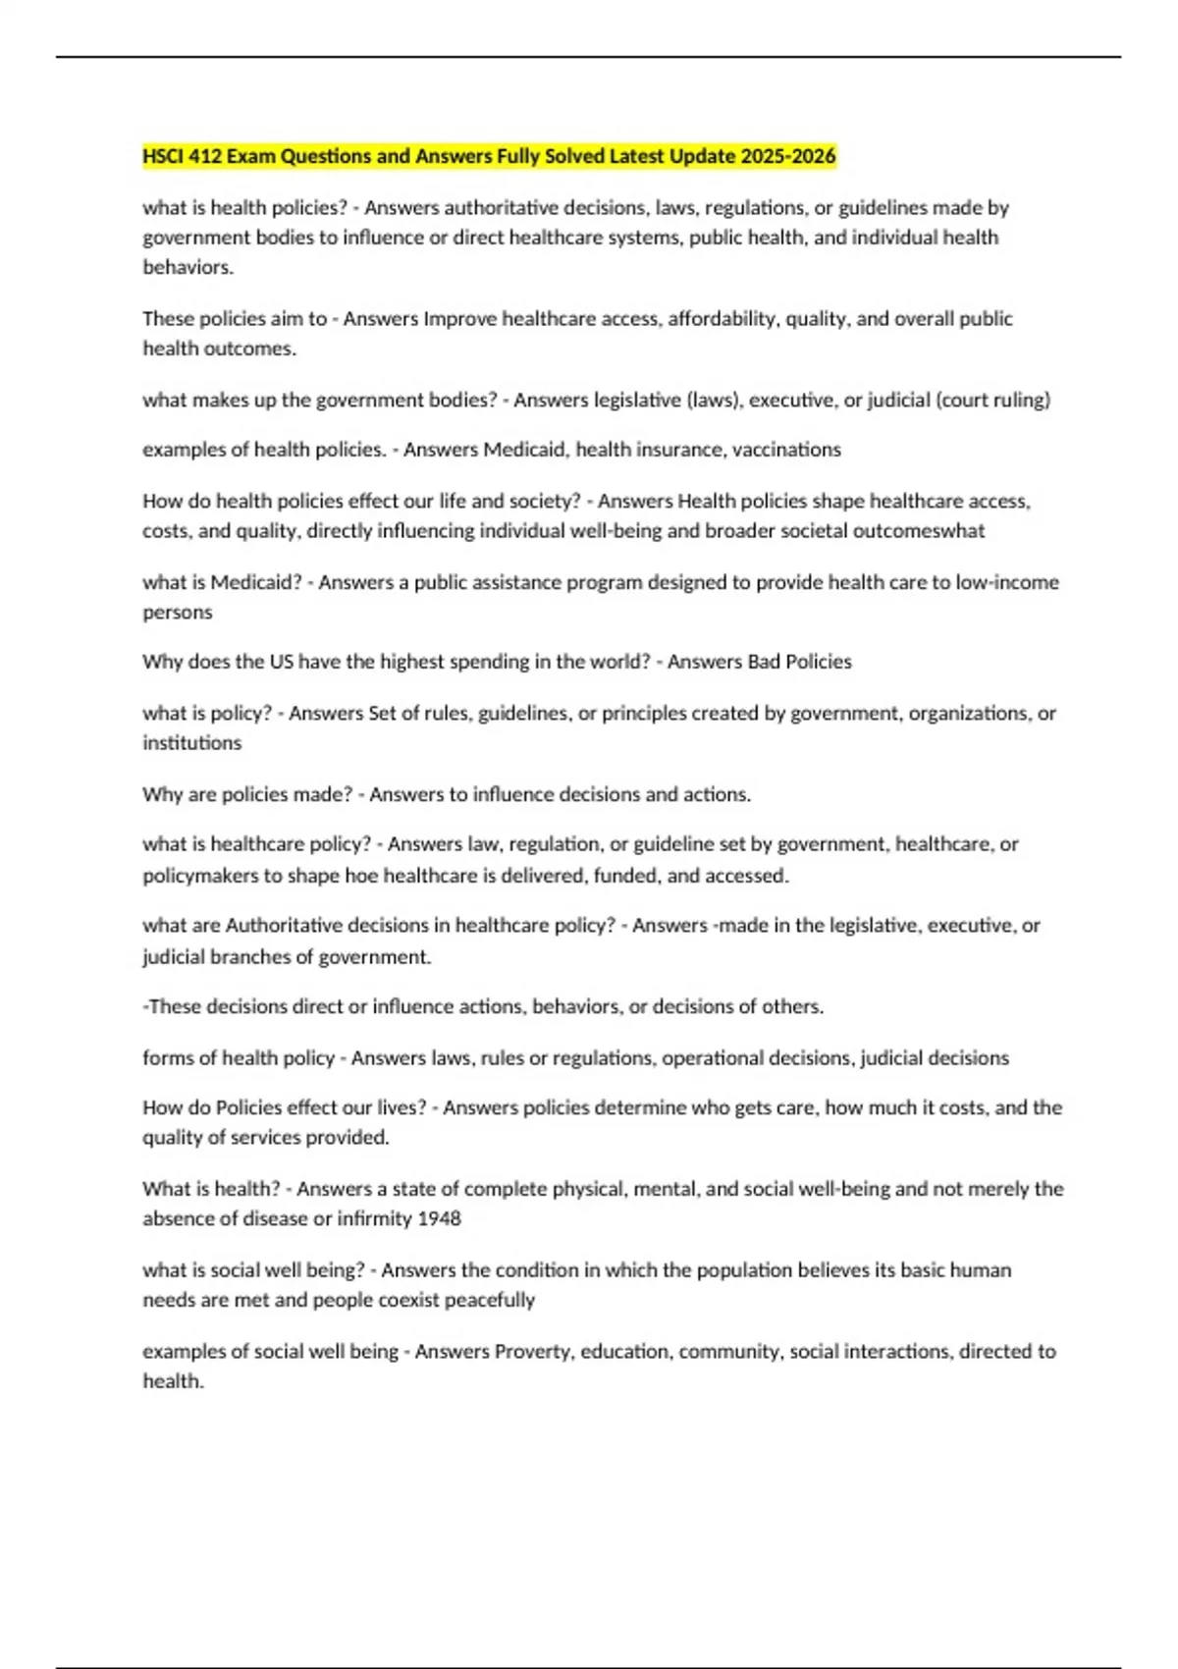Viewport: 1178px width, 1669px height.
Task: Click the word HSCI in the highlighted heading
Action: pyautogui.click(x=163, y=156)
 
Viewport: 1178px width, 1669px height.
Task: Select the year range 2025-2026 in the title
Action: pyautogui.click(x=788, y=156)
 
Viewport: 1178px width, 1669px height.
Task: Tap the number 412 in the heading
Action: pyautogui.click(x=205, y=156)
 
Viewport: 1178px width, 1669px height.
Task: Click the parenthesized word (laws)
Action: pyautogui.click(x=715, y=400)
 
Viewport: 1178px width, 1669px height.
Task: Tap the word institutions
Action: pyautogui.click(x=191, y=743)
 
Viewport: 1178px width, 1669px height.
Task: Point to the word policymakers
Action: pyautogui.click(x=200, y=875)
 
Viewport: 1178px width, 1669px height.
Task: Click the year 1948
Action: pyautogui.click(x=439, y=1218)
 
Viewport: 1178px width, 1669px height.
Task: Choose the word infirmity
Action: pyautogui.click(x=374, y=1218)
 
